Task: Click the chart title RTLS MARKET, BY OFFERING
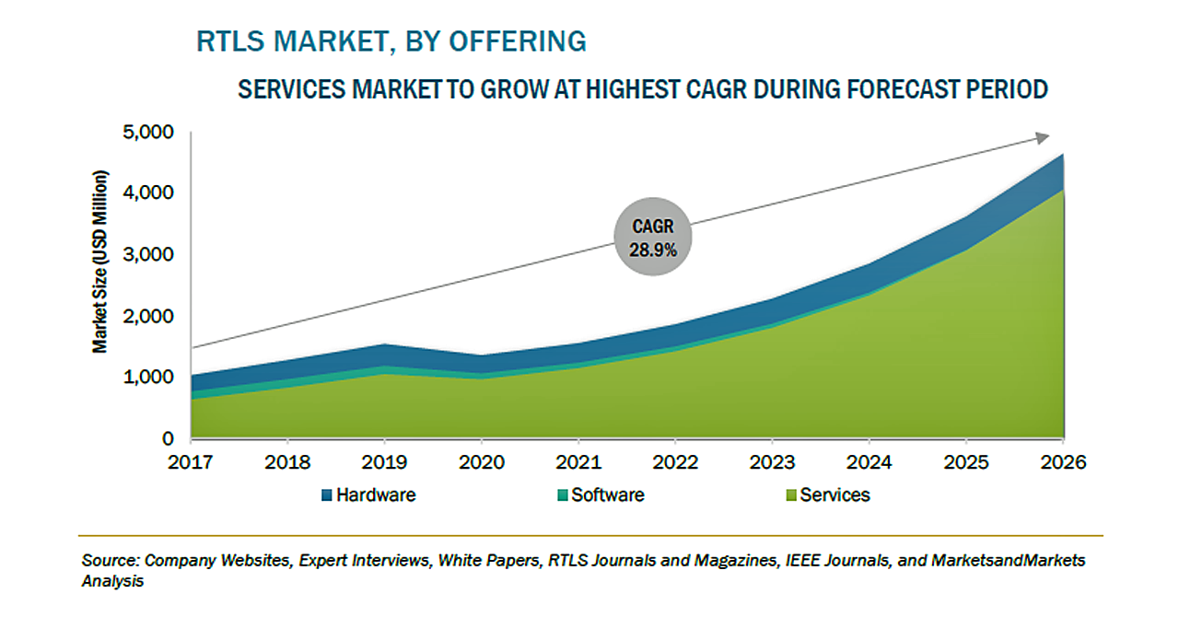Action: (x=391, y=41)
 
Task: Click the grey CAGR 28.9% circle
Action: (x=653, y=237)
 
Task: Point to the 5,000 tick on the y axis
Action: (x=148, y=132)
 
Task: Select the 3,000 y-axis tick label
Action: (x=148, y=254)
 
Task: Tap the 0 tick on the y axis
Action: (x=169, y=438)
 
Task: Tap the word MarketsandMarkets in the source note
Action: (x=1009, y=561)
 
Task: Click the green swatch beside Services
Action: (x=789, y=495)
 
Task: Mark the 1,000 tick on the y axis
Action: (x=148, y=377)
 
